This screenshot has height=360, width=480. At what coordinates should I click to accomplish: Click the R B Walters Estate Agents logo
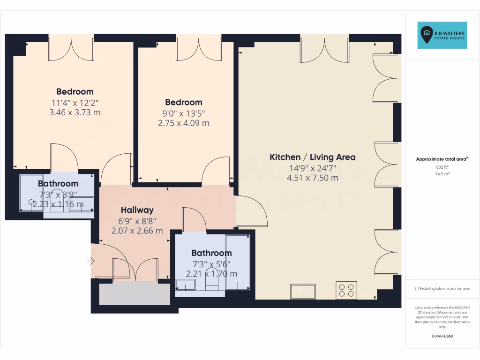(x=442, y=35)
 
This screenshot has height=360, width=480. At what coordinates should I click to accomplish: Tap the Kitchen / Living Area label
(x=312, y=157)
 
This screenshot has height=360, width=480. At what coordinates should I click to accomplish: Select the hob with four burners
(x=346, y=290)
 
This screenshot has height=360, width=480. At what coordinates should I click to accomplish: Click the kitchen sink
(x=303, y=292)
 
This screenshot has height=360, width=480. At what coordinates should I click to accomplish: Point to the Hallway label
(x=137, y=210)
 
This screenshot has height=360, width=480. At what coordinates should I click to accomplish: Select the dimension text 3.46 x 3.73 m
(x=75, y=112)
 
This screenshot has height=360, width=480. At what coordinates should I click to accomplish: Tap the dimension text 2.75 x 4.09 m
(x=183, y=123)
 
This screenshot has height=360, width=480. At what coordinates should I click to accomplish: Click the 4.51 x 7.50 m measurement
(x=312, y=178)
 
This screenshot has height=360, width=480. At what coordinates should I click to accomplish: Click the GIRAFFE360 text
(x=442, y=336)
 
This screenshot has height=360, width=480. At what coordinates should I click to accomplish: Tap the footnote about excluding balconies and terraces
(x=442, y=289)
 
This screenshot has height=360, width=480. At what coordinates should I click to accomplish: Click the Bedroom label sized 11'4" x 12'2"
(x=75, y=91)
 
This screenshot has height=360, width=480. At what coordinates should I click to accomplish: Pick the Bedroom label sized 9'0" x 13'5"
(x=183, y=102)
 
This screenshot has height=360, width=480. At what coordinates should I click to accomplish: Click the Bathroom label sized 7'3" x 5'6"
(x=211, y=253)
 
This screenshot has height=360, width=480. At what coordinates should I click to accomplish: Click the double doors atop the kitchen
(x=324, y=49)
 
